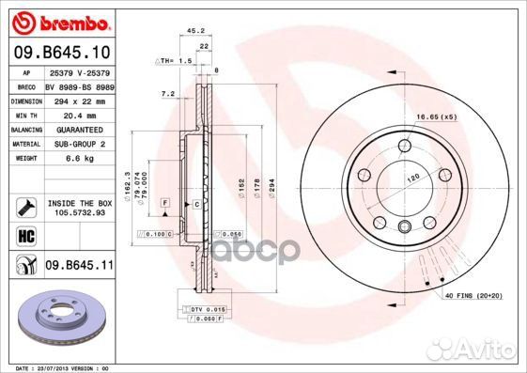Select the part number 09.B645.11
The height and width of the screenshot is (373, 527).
[x=79, y=266]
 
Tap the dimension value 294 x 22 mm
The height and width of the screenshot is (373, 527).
[x=80, y=99]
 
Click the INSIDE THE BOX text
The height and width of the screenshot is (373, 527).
[x=80, y=204]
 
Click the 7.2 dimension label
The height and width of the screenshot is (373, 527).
[x=168, y=94]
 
